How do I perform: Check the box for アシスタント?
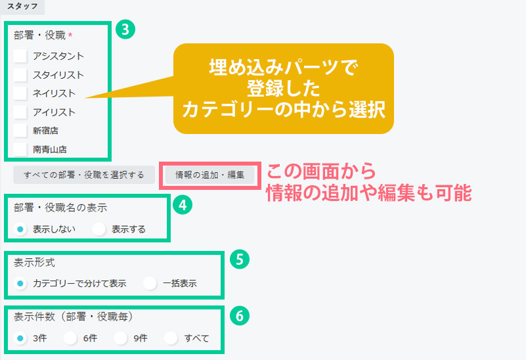pos(20,56)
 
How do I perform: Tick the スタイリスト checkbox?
pos(20,75)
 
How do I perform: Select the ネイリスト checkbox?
pos(20,93)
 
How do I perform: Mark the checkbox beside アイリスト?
pos(20,112)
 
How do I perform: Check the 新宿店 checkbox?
pos(20,131)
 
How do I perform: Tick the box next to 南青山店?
pos(20,149)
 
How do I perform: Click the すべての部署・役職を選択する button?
pos(83,175)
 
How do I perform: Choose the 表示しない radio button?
pos(20,229)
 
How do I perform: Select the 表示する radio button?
pos(99,229)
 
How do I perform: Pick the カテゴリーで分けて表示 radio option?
pos(20,284)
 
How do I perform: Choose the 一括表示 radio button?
pos(150,284)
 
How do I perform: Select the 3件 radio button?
pos(20,338)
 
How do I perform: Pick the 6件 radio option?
pos(70,338)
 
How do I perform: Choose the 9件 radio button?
pos(120,338)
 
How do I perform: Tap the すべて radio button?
pos(171,338)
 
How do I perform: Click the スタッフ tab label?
pos(21,7)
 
